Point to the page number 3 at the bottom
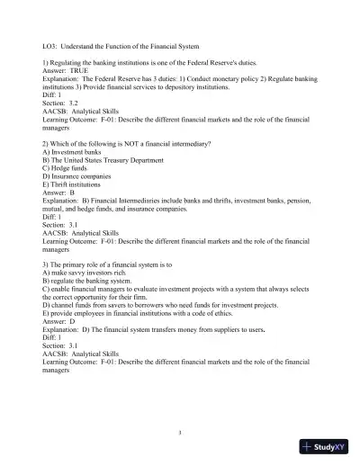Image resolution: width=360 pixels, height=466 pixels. tap(180, 433)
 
